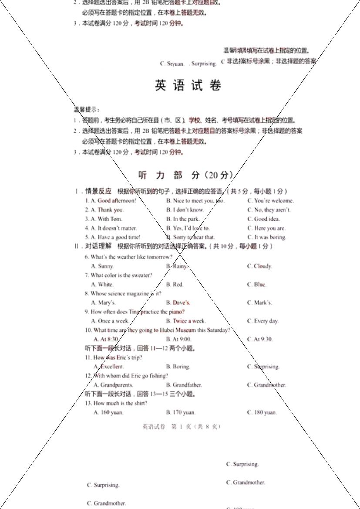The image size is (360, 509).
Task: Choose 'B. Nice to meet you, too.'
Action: (195, 201)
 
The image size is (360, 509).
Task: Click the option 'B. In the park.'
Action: (183, 219)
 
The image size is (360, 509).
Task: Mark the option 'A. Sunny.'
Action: (103, 266)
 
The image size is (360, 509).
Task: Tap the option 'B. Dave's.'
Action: (178, 303)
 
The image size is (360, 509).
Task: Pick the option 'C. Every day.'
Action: (263, 321)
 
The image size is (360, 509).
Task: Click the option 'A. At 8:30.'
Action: (106, 339)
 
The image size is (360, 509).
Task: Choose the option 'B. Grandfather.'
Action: (184, 385)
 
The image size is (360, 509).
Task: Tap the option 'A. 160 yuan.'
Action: (108, 412)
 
